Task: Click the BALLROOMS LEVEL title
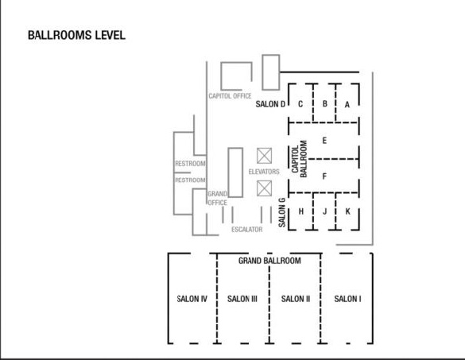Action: pyautogui.click(x=76, y=35)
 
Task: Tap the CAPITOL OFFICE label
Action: pyautogui.click(x=230, y=96)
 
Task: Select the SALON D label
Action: pyautogui.click(x=270, y=104)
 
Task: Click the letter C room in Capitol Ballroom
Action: pyautogui.click(x=300, y=104)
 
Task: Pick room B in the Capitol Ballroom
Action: pyautogui.click(x=325, y=104)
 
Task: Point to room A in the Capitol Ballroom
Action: pyautogui.click(x=347, y=105)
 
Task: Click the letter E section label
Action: pyautogui.click(x=324, y=141)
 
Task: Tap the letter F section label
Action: pyautogui.click(x=324, y=176)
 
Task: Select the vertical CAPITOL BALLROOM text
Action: pyautogui.click(x=299, y=159)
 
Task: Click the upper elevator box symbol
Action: pyautogui.click(x=264, y=156)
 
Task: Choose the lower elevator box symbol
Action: pyautogui.click(x=264, y=188)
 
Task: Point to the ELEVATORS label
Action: pyautogui.click(x=264, y=172)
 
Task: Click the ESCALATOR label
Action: pyautogui.click(x=247, y=230)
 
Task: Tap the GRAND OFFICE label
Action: pyautogui.click(x=217, y=199)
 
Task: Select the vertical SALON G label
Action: pyautogui.click(x=282, y=213)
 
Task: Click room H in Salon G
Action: pyautogui.click(x=301, y=211)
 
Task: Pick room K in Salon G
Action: pyautogui.click(x=348, y=211)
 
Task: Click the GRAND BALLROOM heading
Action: pyautogui.click(x=269, y=261)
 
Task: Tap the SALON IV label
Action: pyautogui.click(x=192, y=299)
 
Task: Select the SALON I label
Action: pyautogui.click(x=347, y=299)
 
